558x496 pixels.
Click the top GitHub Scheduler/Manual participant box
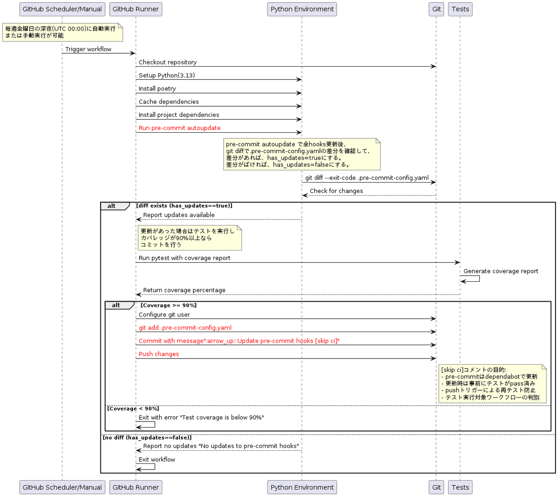pyautogui.click(x=62, y=9)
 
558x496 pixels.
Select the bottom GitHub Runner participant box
pyautogui.click(x=135, y=487)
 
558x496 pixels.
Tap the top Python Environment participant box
pyautogui.click(x=302, y=9)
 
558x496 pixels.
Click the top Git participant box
pyautogui.click(x=436, y=9)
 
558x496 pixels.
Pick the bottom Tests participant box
pyautogui.click(x=460, y=487)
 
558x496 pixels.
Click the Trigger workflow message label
pyautogui.click(x=88, y=49)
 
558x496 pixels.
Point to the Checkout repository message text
pyautogui.click(x=167, y=62)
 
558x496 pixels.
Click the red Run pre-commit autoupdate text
pyautogui.click(x=179, y=128)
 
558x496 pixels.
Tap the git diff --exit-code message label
pyautogui.click(x=367, y=177)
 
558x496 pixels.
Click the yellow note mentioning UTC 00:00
pyautogui.click(x=62, y=32)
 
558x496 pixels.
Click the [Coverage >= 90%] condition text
pyautogui.click(x=168, y=305)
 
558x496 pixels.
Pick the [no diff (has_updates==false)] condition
pyautogui.click(x=147, y=437)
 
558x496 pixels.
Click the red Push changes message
pyautogui.click(x=159, y=353)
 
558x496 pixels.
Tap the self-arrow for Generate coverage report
pyautogui.click(x=471, y=279)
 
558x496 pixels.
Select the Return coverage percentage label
pyautogui.click(x=184, y=290)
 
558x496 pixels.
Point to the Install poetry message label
pyautogui.click(x=157, y=88)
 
